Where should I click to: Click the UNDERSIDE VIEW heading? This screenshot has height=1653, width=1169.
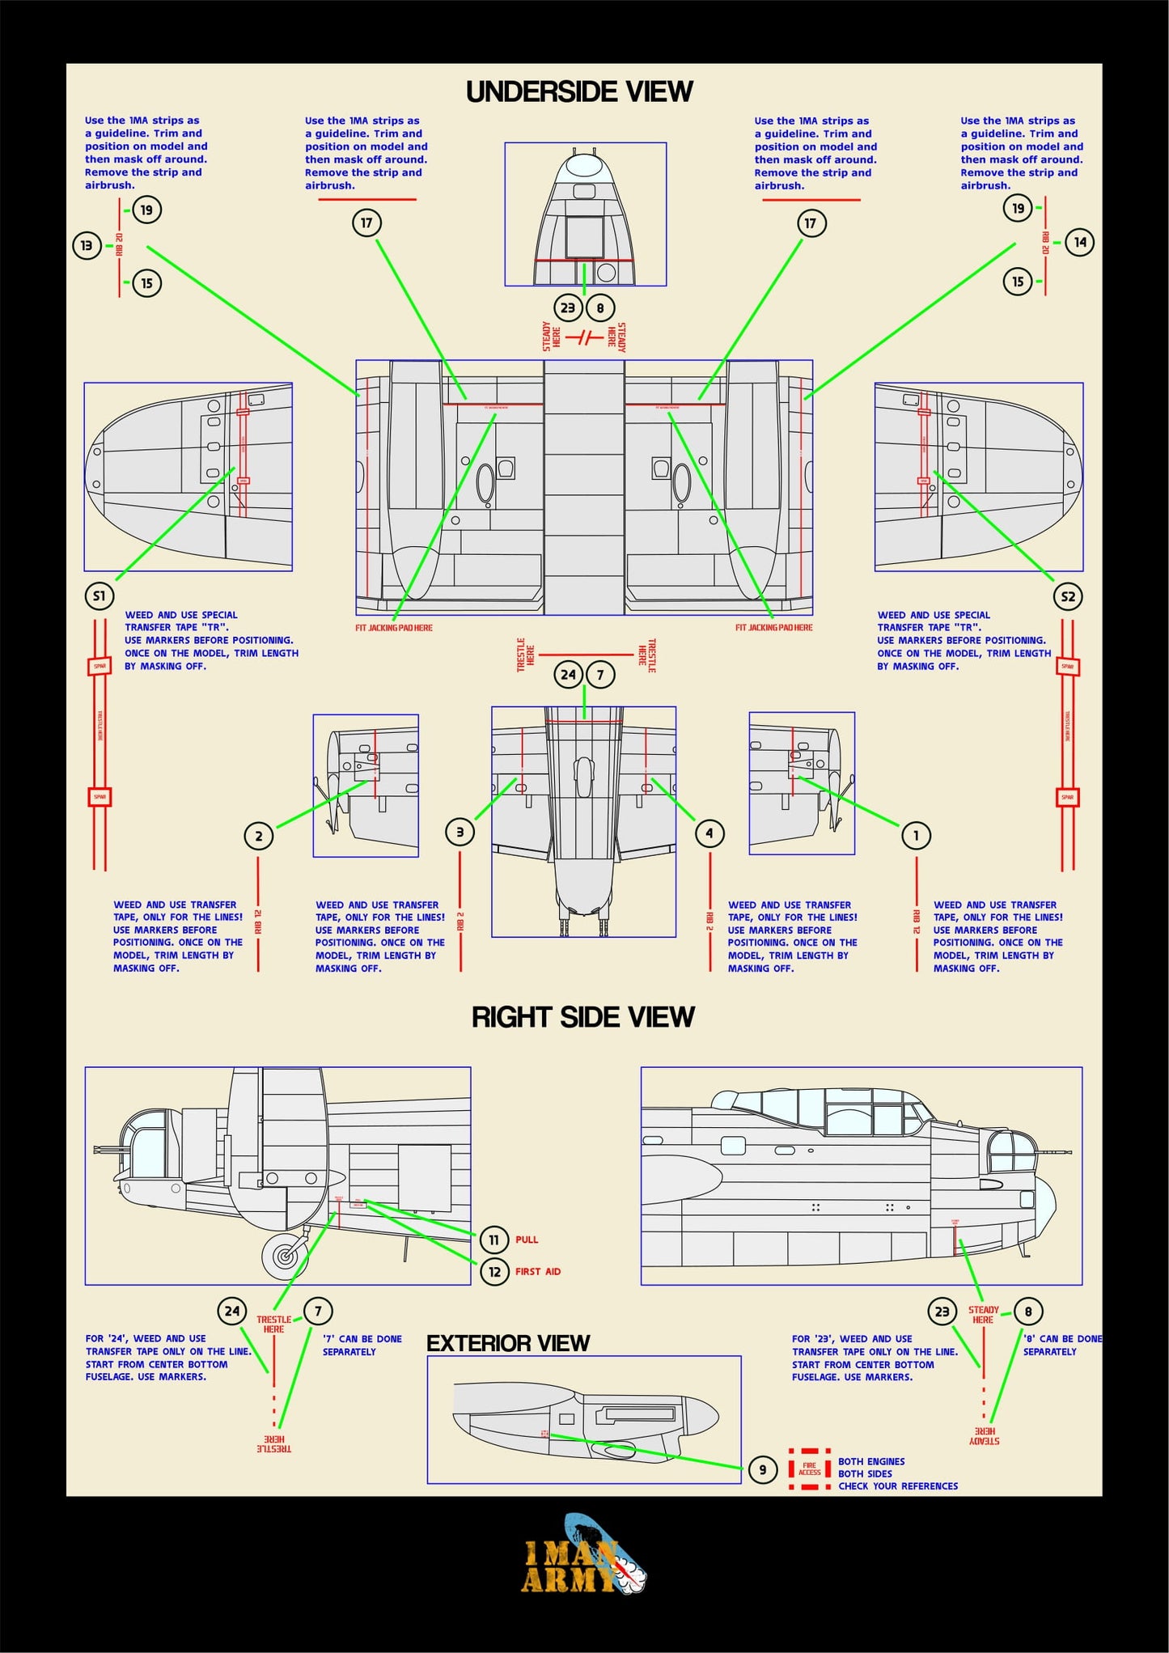coord(579,91)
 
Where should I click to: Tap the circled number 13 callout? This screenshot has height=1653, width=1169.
coord(87,245)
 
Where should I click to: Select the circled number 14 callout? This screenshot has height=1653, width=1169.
coord(1079,242)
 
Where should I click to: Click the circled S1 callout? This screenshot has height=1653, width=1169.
coord(99,596)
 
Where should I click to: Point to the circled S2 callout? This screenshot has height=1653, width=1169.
coord(1068,596)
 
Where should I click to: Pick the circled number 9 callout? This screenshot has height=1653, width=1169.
coord(762,1469)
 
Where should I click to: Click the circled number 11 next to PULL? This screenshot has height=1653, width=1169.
coord(493,1239)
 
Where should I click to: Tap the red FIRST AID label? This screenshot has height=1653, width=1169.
coord(538,1271)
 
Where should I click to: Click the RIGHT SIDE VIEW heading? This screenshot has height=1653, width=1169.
coord(582,1016)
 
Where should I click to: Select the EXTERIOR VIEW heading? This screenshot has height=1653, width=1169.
coord(508,1343)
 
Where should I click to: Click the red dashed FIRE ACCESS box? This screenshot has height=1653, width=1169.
coord(809,1469)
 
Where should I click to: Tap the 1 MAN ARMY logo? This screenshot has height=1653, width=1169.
coord(582,1566)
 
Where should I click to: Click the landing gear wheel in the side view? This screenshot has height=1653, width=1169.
coord(285,1255)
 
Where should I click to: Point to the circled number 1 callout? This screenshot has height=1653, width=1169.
coord(916,835)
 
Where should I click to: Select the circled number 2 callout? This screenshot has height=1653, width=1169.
coord(259,836)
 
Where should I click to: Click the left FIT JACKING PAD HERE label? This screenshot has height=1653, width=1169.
coord(394,628)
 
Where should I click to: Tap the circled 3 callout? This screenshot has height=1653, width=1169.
coord(460,832)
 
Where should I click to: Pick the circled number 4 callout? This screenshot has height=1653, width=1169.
coord(709,833)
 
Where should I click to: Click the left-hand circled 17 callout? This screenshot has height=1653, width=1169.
coord(366,223)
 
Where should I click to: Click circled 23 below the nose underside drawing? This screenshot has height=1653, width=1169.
coord(568,307)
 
